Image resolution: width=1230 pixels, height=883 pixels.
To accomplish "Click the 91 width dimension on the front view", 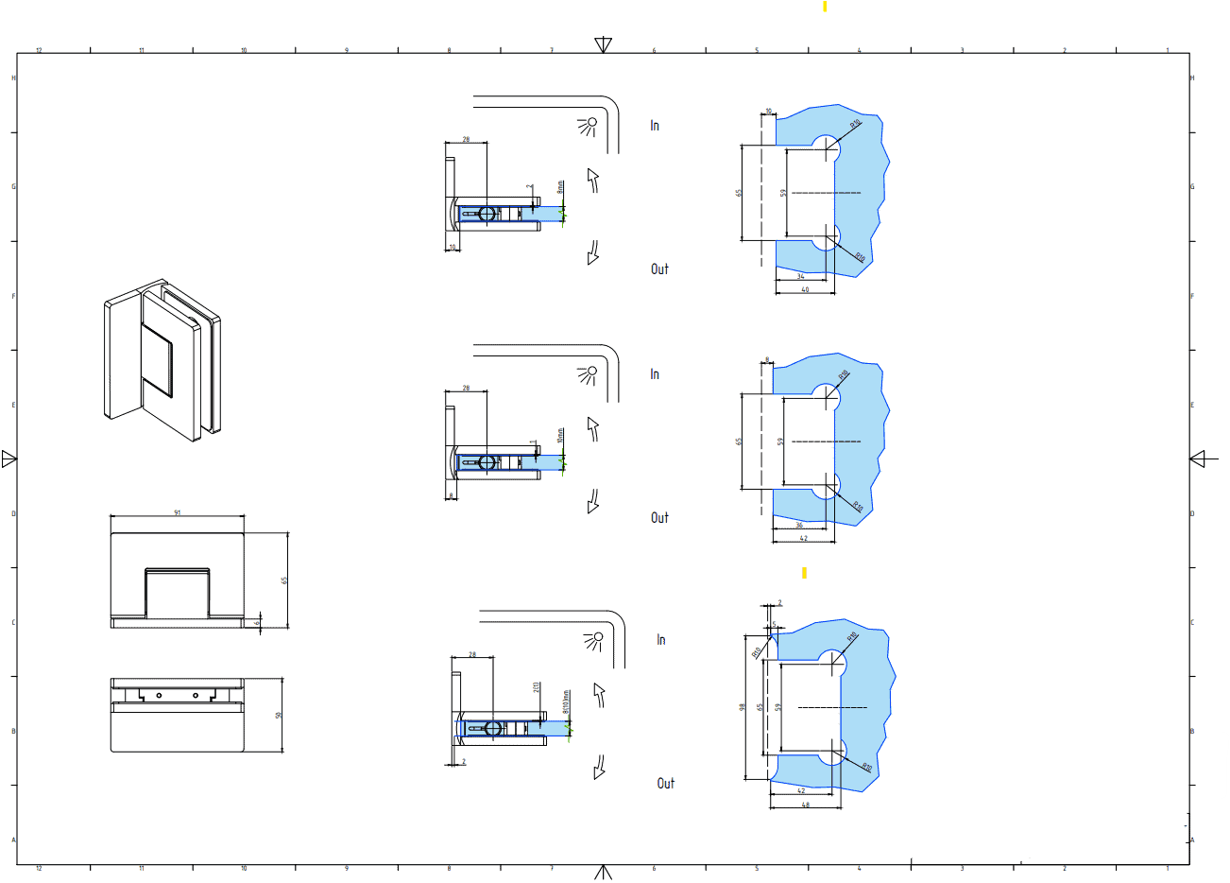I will click(x=178, y=512).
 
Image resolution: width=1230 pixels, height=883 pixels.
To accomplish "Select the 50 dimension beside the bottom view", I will click(x=279, y=715).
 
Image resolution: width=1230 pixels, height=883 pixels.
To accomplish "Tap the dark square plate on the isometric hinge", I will click(x=158, y=359).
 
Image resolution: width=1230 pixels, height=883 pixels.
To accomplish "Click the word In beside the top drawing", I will click(x=655, y=125).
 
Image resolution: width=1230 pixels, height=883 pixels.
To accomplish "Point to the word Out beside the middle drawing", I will click(x=659, y=517).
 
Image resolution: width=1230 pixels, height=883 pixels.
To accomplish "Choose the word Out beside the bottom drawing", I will click(x=666, y=783).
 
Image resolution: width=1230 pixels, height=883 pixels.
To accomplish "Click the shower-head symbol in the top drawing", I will click(x=590, y=125).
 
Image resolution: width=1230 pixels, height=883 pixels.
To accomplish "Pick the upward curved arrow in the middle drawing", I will click(x=593, y=429).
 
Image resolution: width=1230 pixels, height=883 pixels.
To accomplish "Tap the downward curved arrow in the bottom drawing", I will click(x=599, y=767).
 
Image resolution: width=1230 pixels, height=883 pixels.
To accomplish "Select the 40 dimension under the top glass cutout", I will click(x=805, y=289).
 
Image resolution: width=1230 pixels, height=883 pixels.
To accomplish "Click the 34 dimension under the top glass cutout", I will click(x=800, y=276).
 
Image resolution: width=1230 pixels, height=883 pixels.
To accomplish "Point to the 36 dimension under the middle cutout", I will click(x=799, y=526).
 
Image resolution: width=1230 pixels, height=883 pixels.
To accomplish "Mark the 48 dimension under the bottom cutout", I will click(x=806, y=805).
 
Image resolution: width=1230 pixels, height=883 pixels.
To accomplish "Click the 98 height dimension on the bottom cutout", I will click(x=743, y=706).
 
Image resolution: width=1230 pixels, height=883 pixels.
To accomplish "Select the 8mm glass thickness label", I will click(x=560, y=187).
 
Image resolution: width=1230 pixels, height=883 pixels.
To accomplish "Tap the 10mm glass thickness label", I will click(x=560, y=436).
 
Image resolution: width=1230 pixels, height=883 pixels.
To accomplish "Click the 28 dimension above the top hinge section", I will click(x=466, y=140).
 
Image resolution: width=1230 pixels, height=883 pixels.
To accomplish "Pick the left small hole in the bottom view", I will click(x=159, y=695).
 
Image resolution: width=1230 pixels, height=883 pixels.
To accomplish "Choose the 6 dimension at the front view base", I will click(x=258, y=621).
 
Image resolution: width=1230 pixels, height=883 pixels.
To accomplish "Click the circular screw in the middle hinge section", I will click(x=487, y=462).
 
